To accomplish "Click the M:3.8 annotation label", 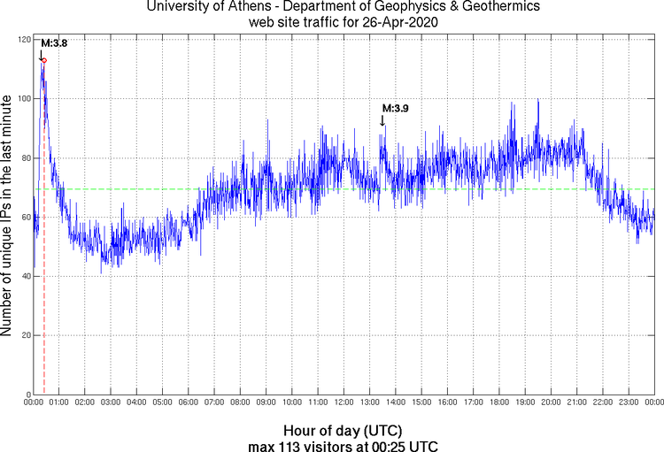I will tap(52, 42).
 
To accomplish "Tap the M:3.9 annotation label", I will tap(395, 108).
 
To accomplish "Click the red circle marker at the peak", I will tap(44, 61).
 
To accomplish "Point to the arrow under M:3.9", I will tap(382, 121).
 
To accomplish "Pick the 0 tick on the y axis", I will tap(28, 395).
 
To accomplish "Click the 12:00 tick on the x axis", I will tap(344, 403).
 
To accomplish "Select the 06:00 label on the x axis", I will tap(189, 403).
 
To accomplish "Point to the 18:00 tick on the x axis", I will tap(499, 403).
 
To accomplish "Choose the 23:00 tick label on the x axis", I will tap(629, 403).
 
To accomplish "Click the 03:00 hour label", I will tap(111, 403).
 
